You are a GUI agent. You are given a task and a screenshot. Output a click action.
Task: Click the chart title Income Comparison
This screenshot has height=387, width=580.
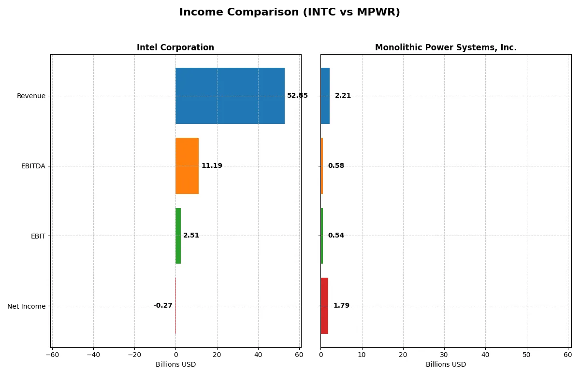click(290, 12)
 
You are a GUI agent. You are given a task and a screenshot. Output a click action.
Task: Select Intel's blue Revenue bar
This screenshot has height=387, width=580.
click(230, 96)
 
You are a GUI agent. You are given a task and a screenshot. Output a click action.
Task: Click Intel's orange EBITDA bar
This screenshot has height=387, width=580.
click(187, 166)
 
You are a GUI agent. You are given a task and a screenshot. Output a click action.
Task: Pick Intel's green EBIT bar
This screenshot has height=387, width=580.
click(178, 236)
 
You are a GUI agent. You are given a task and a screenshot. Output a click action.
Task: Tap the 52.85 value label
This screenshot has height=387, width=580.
click(297, 96)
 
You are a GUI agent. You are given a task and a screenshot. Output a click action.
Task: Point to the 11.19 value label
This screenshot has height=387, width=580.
click(212, 166)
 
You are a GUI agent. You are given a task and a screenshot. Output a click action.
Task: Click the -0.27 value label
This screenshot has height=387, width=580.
click(163, 306)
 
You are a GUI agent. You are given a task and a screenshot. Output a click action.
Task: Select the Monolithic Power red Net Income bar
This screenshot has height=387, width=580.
click(324, 306)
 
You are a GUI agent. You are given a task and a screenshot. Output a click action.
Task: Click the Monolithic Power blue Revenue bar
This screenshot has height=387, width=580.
click(325, 96)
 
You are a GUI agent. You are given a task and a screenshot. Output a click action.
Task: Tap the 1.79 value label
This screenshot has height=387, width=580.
click(341, 306)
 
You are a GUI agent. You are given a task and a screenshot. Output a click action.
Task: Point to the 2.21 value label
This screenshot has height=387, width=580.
click(343, 96)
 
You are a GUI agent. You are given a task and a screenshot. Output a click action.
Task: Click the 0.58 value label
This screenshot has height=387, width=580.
click(336, 166)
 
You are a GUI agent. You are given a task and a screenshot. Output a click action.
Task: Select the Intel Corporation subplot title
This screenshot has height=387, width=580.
click(175, 47)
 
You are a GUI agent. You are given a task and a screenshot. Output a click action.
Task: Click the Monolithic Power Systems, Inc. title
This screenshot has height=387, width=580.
click(446, 47)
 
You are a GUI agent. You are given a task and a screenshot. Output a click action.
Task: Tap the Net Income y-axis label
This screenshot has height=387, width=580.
click(27, 306)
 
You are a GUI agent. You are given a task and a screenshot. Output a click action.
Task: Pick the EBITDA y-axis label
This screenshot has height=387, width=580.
click(33, 166)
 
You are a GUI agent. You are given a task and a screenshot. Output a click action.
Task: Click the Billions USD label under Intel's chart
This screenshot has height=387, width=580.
click(175, 364)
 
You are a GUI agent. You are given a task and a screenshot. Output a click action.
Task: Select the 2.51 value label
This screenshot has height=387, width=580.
click(191, 236)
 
